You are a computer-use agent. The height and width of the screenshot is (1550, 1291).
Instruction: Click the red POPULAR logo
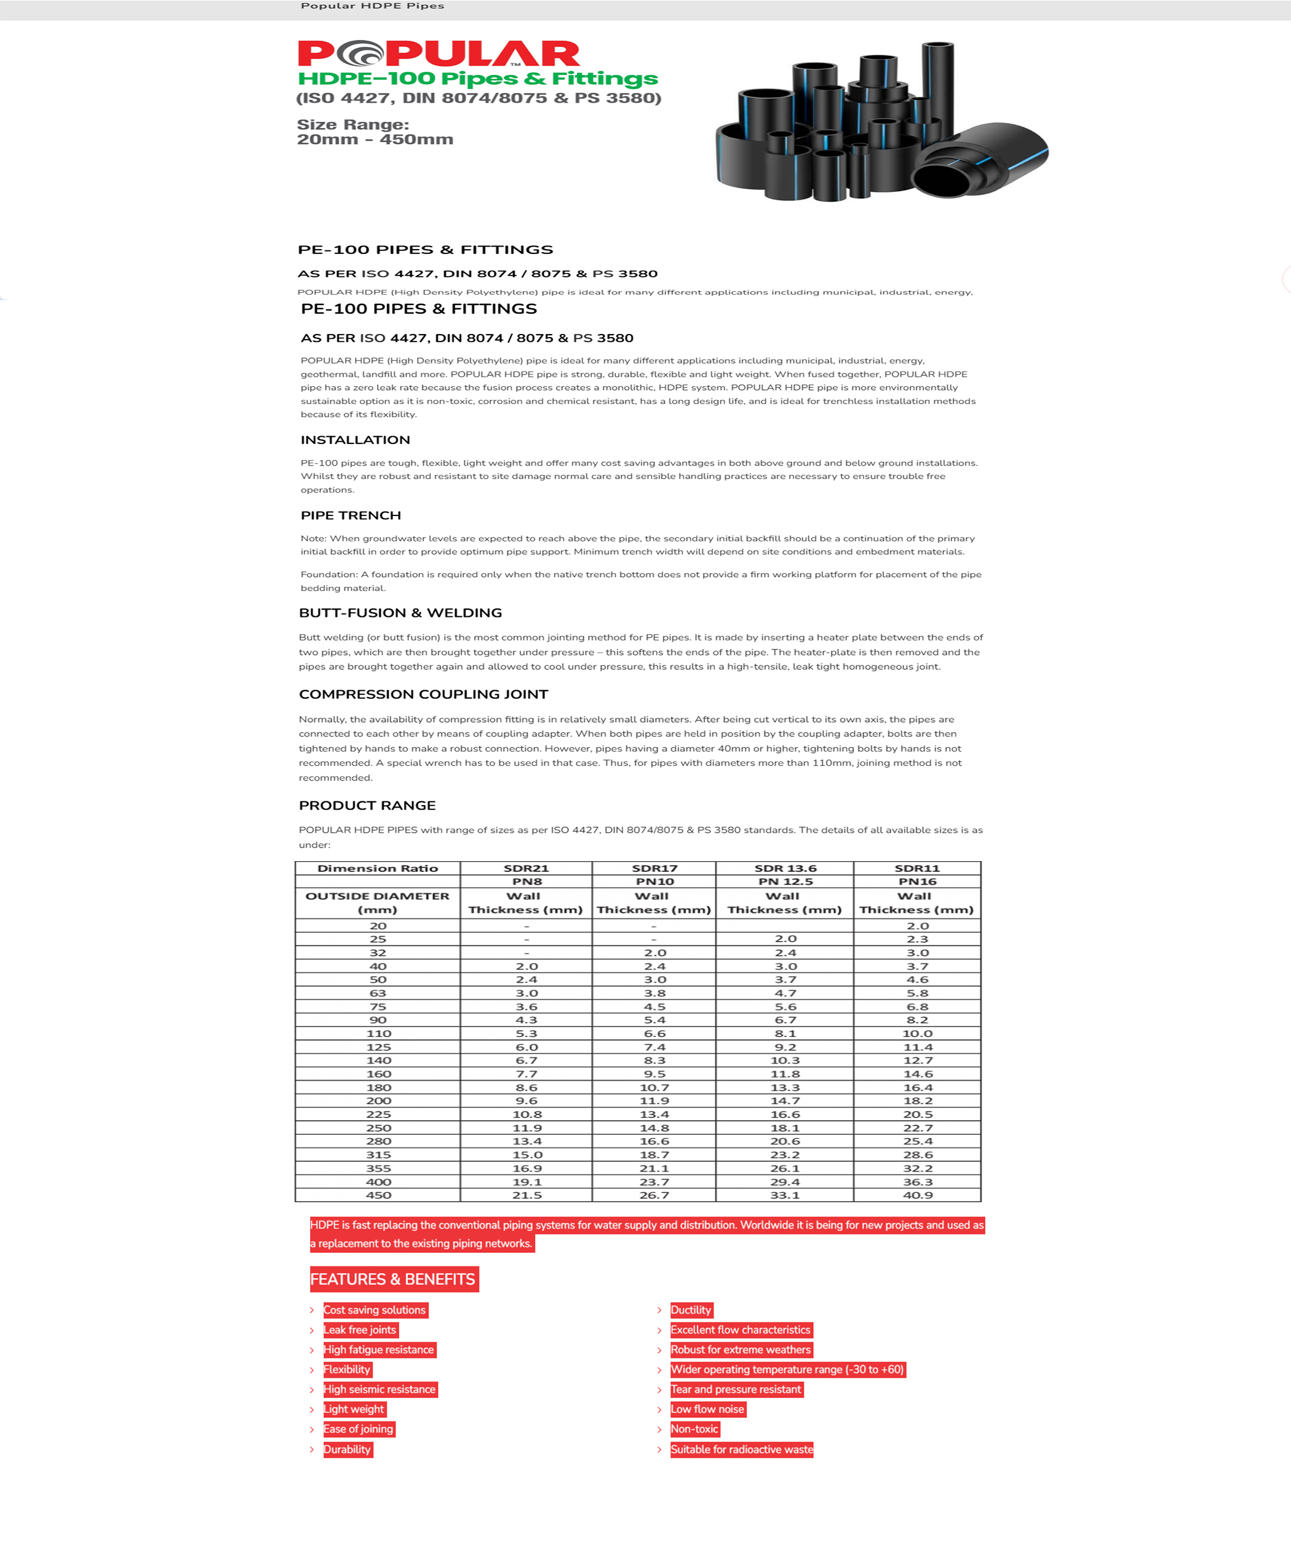(x=439, y=54)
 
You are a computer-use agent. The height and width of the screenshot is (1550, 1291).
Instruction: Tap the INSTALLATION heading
(x=355, y=440)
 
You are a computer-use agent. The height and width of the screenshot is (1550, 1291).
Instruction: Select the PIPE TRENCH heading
(x=351, y=515)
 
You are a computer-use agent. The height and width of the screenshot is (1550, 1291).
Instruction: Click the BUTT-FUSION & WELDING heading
(x=400, y=613)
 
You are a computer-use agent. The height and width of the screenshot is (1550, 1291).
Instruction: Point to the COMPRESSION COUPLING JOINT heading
(x=423, y=694)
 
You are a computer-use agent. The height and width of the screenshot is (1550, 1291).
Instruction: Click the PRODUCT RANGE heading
(x=367, y=805)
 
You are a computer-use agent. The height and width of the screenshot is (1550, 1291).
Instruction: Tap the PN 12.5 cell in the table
(x=785, y=881)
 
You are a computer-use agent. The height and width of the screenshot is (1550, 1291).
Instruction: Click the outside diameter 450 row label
(x=378, y=1195)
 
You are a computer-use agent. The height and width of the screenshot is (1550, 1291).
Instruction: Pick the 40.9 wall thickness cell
(x=918, y=1195)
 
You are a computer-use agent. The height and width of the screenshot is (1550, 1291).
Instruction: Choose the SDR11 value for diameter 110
(x=918, y=1033)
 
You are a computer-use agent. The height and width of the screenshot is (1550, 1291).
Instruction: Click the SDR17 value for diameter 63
(x=654, y=993)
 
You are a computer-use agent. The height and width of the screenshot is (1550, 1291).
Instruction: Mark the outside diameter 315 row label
(x=378, y=1155)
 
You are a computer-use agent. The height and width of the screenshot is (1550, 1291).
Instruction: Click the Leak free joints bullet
(x=360, y=1330)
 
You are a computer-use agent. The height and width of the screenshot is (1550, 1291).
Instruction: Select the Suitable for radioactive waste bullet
(x=741, y=1450)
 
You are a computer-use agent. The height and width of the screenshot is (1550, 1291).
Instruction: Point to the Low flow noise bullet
(x=707, y=1410)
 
